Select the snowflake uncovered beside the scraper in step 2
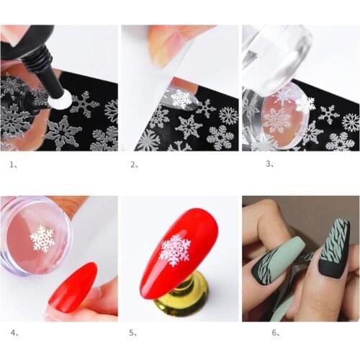click(181, 99)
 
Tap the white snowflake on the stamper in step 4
click(42, 238)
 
